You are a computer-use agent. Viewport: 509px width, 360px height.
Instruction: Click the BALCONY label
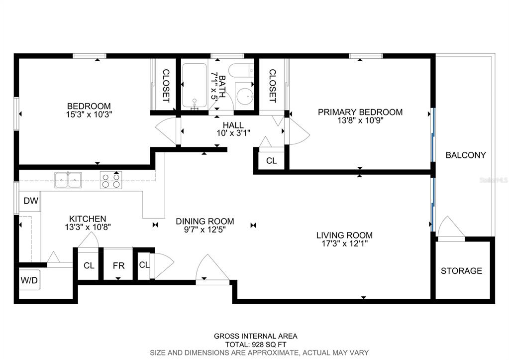pos(466,155)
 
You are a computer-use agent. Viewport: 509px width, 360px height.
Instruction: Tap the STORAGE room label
pos(461,271)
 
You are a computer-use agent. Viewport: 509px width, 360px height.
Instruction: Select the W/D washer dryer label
pos(29,280)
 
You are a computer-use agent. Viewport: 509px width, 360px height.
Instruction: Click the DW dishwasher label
pos(31,201)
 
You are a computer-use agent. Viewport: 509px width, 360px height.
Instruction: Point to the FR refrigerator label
pos(118,266)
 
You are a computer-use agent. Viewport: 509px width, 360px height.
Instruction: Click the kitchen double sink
pos(68,180)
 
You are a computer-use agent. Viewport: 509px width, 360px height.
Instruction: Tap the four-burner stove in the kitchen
pos(110,180)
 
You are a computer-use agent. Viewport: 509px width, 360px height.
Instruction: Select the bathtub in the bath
pos(194,86)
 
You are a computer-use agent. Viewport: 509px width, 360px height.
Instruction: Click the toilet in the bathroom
pos(241,70)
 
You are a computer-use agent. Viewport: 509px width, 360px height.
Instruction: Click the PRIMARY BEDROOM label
pos(360,112)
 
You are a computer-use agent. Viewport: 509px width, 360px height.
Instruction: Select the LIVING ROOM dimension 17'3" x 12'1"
pos(344,243)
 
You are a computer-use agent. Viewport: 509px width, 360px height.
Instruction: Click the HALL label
pos(233,125)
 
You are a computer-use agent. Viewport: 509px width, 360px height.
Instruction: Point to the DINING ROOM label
pos(205,221)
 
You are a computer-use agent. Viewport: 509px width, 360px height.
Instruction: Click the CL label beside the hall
pos(271,161)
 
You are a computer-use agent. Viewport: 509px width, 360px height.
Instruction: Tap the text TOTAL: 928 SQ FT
pos(256,345)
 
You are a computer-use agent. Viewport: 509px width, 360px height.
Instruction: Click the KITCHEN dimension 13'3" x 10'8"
pos(88,227)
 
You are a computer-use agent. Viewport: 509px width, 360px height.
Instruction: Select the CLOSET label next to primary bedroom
pos(272,86)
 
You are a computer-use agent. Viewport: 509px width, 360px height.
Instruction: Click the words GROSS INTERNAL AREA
pos(255,336)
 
